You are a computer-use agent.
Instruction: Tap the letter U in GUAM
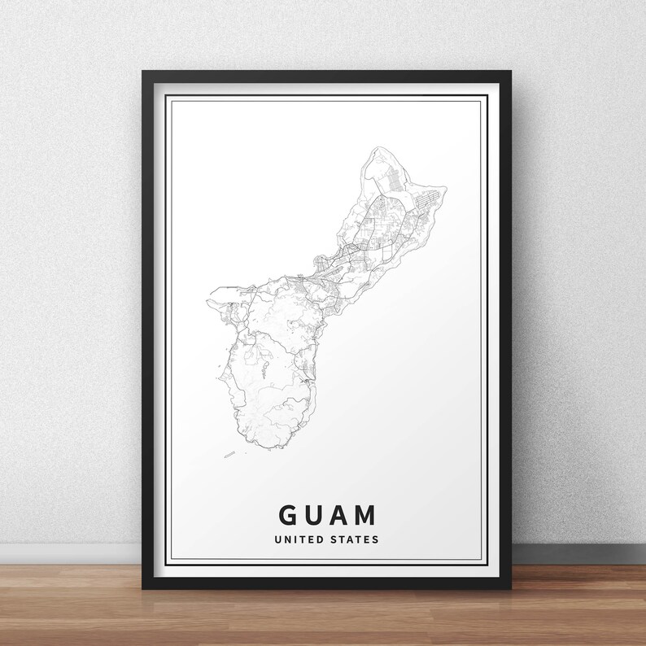(316, 516)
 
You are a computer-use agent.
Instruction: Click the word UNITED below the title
(297, 539)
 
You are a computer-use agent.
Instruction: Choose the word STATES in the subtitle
(352, 539)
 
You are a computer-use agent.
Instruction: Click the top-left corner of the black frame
(143, 72)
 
